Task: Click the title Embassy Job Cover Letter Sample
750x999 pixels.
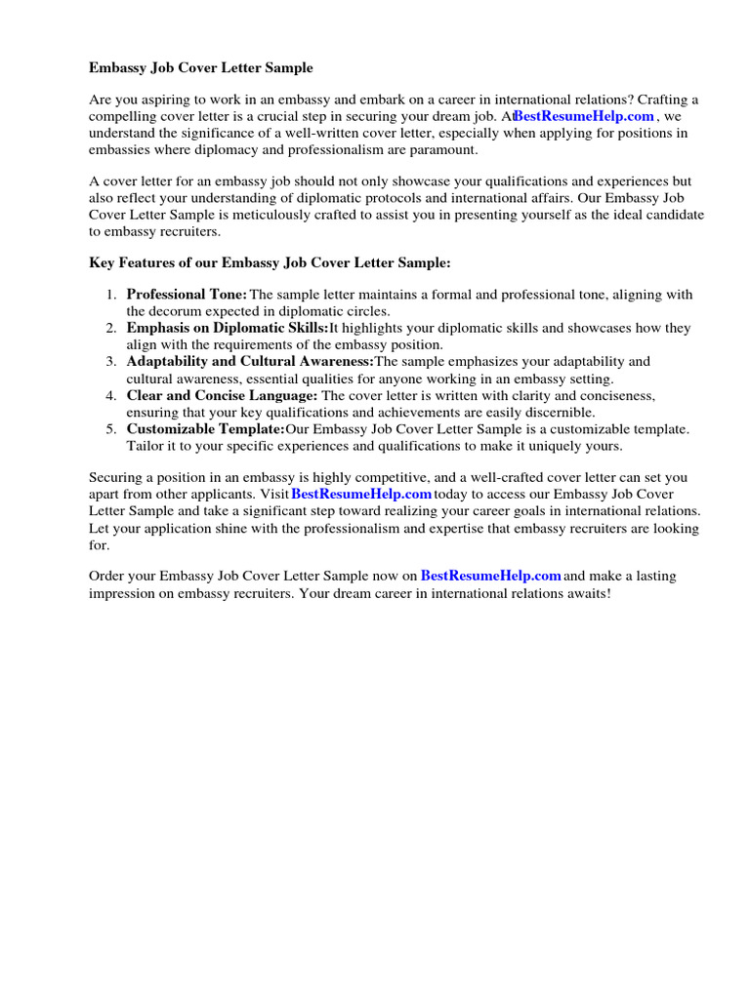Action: point(201,68)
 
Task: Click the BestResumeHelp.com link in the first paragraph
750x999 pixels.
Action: point(584,116)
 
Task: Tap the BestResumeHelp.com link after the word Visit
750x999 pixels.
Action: point(361,495)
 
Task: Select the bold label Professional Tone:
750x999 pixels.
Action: point(187,295)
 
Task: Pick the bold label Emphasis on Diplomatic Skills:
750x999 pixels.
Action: point(228,328)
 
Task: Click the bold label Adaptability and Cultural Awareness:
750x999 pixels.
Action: point(250,362)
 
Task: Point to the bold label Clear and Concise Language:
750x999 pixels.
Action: point(222,395)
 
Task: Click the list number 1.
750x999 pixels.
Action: point(111,295)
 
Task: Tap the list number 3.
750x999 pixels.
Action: point(111,362)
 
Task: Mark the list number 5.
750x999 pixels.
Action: point(111,429)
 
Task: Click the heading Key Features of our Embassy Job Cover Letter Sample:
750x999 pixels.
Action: point(271,263)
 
